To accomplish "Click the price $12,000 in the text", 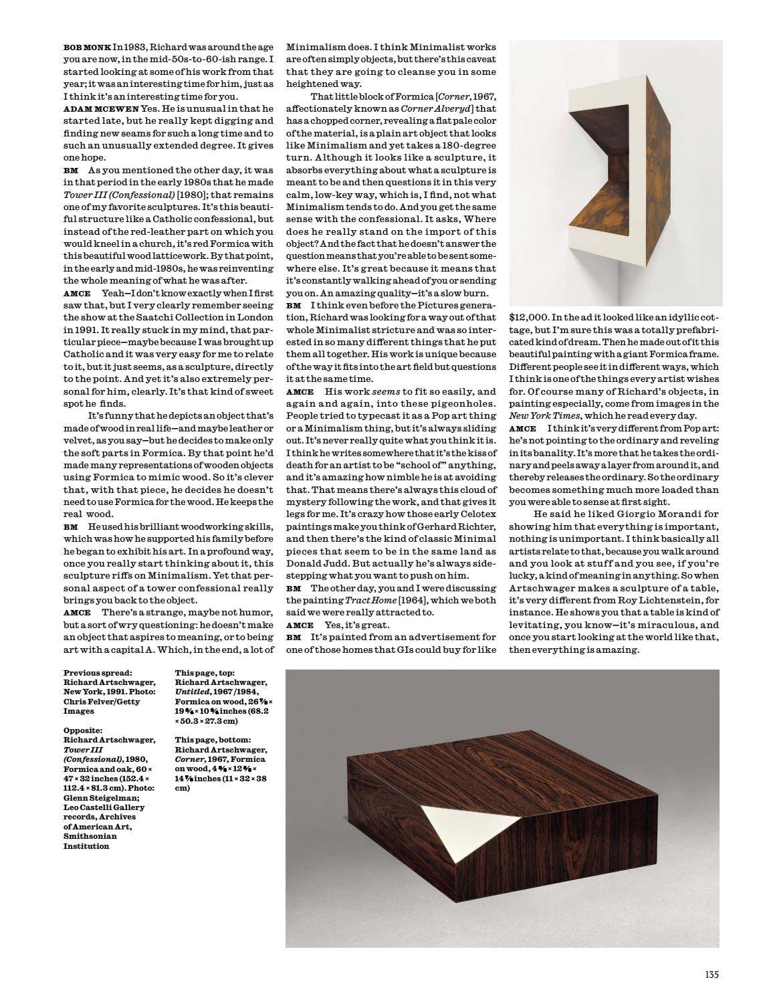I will [529, 318].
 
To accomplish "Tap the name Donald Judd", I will [318, 563].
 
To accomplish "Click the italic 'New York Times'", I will [542, 415].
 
